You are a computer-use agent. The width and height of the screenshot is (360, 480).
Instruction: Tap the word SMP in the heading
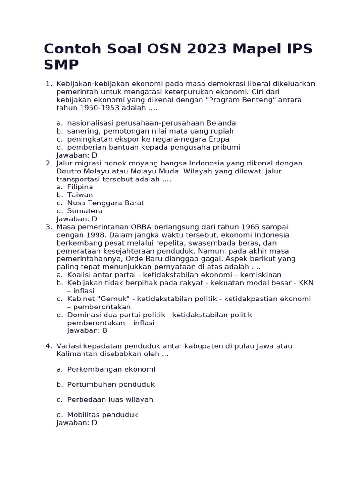(61, 65)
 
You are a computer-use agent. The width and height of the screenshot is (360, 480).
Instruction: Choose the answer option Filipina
(80, 187)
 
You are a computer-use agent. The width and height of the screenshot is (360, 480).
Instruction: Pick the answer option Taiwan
(80, 195)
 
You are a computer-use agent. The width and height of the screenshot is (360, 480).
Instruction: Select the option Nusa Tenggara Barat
(105, 203)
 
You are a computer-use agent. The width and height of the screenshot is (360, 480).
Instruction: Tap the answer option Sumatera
(85, 211)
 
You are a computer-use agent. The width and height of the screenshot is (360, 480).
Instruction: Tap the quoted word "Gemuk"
(110, 299)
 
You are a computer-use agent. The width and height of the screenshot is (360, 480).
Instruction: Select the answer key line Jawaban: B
(87, 330)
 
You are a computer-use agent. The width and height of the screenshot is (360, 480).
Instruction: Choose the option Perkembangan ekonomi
(111, 369)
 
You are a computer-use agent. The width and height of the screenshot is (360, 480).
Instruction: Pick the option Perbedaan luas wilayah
(110, 400)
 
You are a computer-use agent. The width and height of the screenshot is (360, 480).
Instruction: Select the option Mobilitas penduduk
(103, 415)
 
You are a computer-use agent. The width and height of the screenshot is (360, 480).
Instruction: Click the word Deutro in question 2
(69, 171)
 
